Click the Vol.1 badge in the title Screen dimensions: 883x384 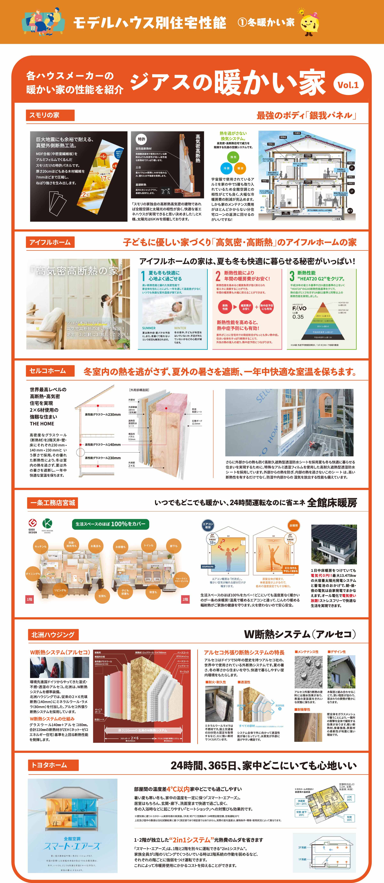tap(348, 85)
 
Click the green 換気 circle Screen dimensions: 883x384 tap(233, 157)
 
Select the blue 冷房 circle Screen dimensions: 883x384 tap(226, 168)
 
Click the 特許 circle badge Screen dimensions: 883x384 tap(141, 139)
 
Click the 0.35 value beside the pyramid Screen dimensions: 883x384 tap(298, 317)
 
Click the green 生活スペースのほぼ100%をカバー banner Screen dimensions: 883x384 tap(110, 524)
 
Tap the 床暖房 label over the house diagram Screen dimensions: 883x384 tap(293, 525)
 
